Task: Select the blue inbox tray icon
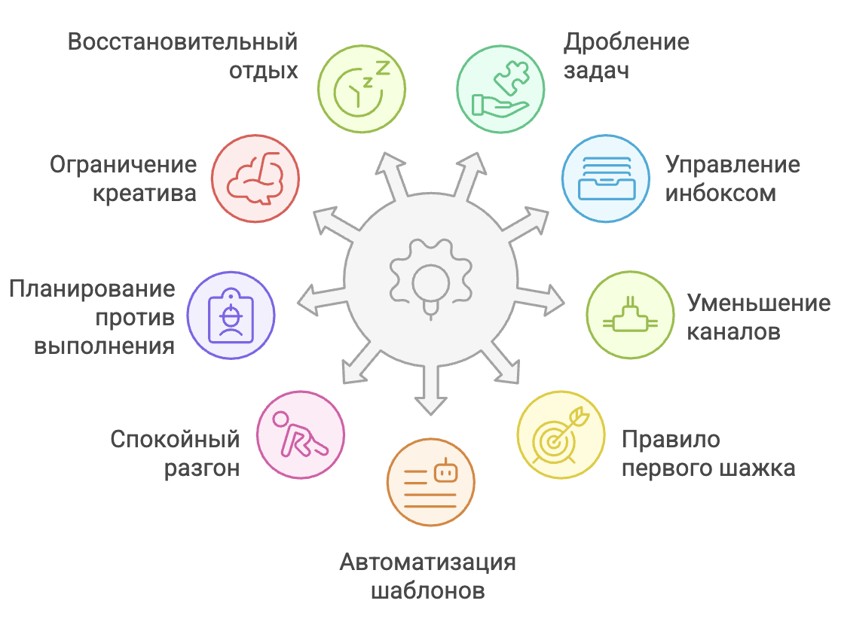(605, 178)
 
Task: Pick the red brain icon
(255, 178)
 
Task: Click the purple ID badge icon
(231, 315)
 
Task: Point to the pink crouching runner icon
(300, 434)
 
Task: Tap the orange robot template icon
(431, 482)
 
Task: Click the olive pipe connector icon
(630, 315)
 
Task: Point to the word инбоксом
(720, 194)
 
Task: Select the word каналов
(733, 331)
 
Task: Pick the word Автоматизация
(428, 562)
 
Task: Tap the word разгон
(202, 468)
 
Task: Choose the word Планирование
(92, 288)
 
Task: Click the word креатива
(144, 194)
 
